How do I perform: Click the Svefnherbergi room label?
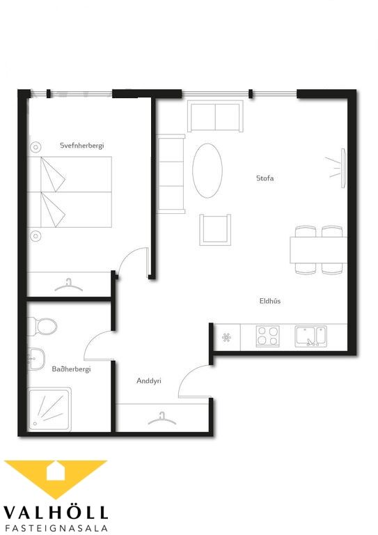(82, 146)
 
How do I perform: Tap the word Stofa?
(265, 178)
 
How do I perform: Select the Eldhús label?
(270, 301)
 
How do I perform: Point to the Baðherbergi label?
(71, 369)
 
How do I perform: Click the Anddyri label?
(148, 381)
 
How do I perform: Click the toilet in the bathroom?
(42, 327)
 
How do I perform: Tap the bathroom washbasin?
(36, 359)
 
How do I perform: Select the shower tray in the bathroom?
(49, 409)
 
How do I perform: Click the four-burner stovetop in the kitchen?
(268, 336)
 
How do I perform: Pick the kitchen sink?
(311, 336)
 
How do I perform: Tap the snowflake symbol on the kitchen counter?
(226, 338)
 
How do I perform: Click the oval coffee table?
(207, 171)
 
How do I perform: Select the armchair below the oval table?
(215, 230)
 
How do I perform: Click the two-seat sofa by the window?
(215, 116)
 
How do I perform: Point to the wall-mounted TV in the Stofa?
(344, 167)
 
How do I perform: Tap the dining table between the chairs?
(318, 250)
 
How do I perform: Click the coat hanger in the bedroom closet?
(68, 286)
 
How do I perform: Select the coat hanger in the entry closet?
(162, 419)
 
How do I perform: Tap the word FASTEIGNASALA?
(56, 528)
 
